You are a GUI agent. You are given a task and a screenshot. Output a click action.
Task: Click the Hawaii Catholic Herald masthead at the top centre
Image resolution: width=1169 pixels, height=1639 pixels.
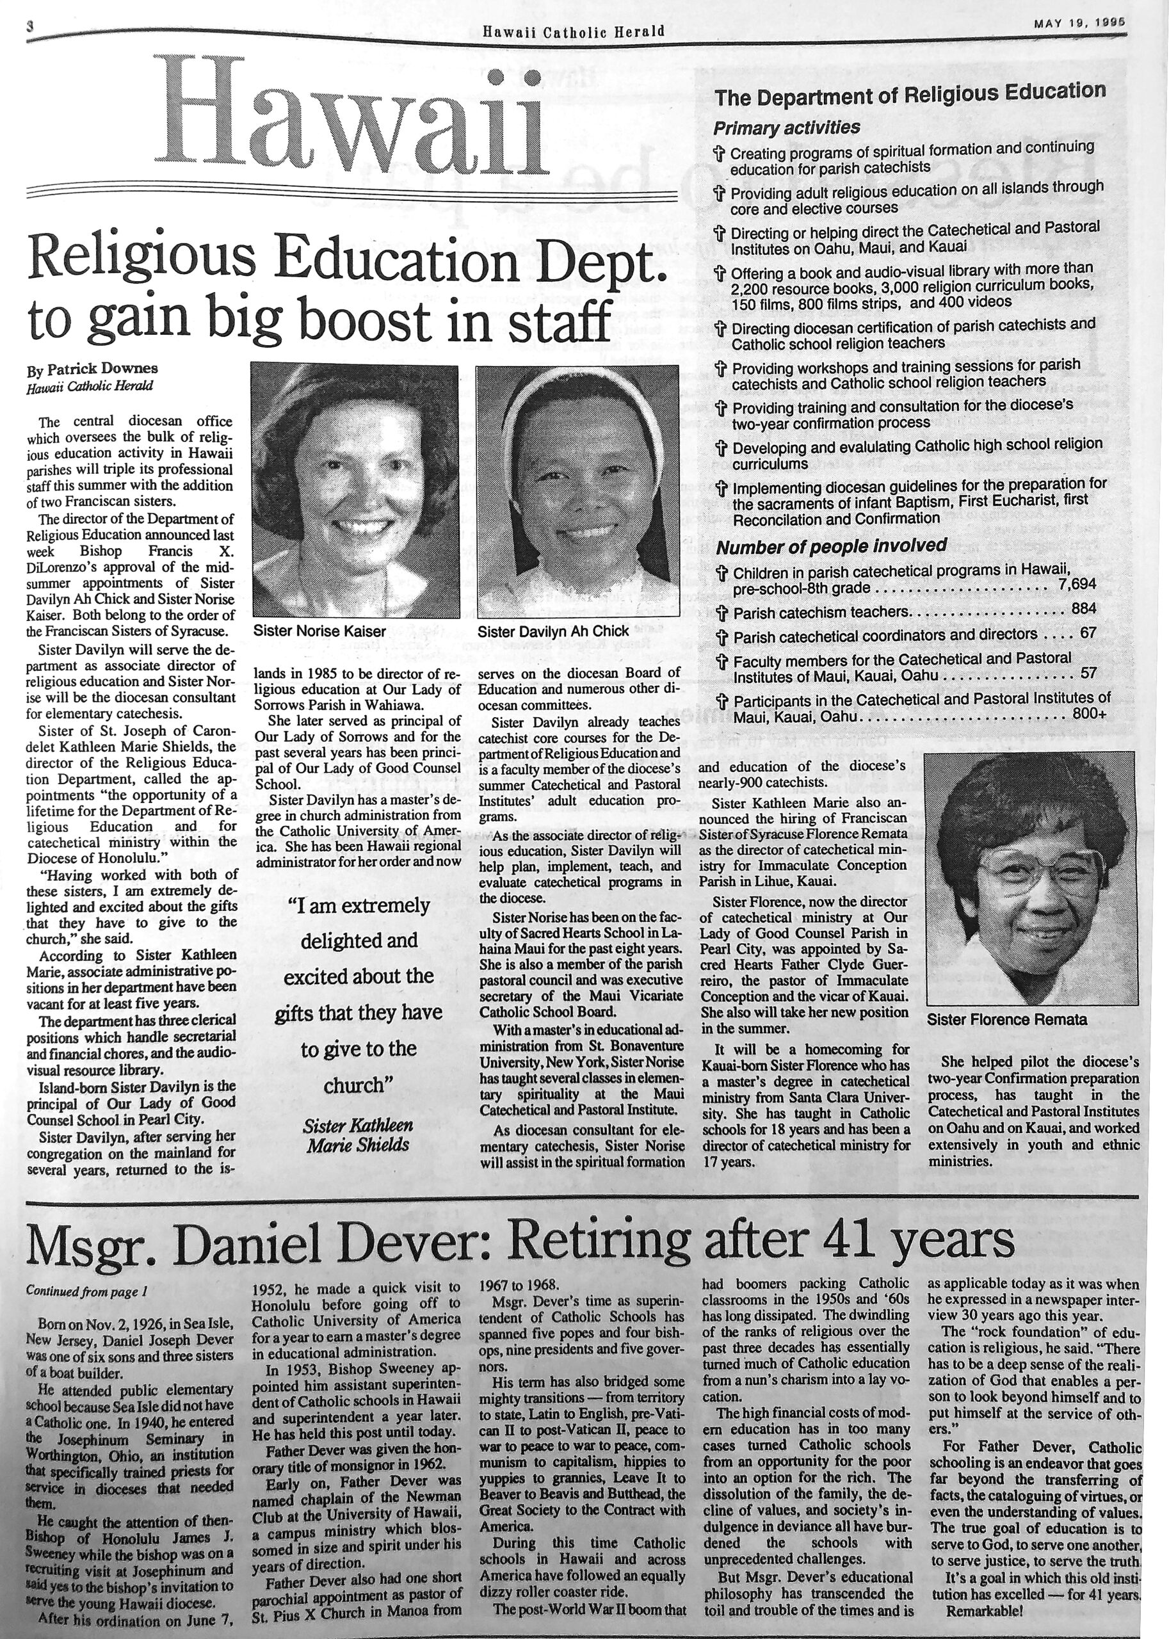coord(573,31)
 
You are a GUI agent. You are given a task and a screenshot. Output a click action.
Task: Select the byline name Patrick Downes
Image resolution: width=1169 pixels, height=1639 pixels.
coord(102,369)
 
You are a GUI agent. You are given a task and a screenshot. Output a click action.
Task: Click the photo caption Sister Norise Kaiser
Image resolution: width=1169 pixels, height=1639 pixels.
coord(319,631)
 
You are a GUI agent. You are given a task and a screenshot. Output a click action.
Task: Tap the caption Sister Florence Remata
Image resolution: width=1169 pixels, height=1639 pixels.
coord(1006,1019)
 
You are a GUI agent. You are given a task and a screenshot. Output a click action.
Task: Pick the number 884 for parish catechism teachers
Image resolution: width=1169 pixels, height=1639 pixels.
coord(1083,609)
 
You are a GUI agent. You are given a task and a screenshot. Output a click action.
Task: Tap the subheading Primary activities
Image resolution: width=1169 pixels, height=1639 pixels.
coord(786,127)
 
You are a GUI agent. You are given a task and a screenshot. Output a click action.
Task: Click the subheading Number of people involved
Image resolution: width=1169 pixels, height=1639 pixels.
coord(831,546)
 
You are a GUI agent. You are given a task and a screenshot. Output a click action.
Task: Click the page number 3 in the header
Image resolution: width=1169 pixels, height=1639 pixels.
coord(30,26)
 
